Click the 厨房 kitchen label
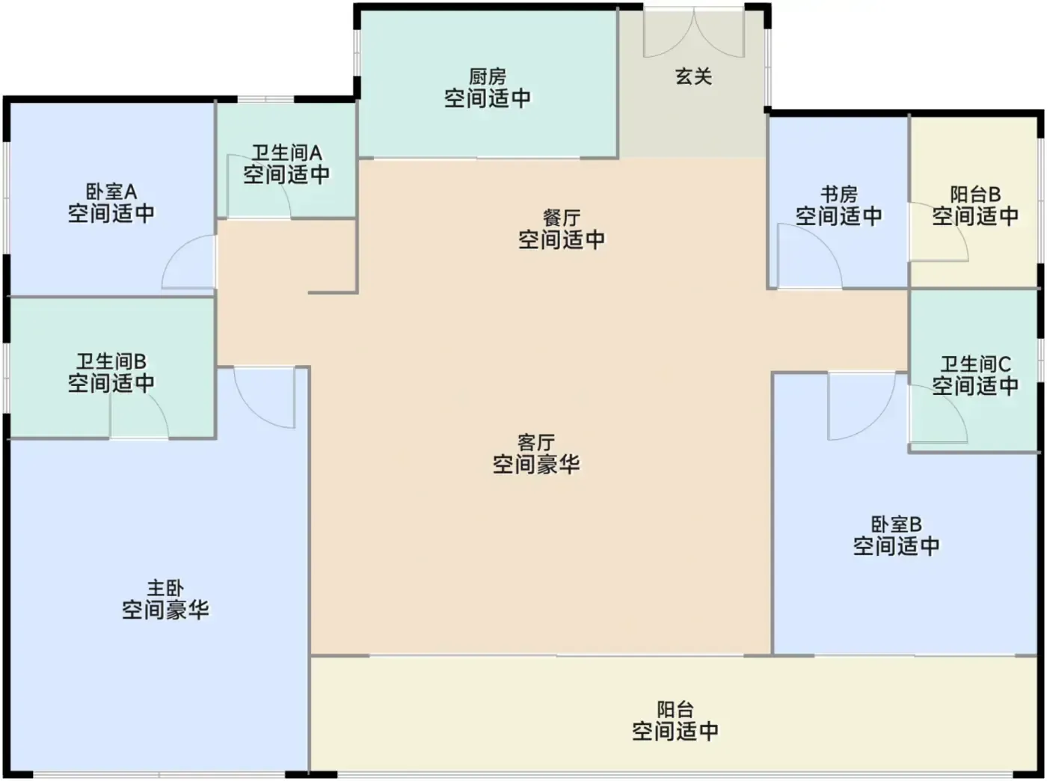click(487, 77)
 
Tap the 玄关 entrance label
click(693, 77)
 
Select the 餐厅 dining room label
click(562, 218)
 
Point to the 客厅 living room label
click(536, 443)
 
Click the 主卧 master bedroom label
click(165, 588)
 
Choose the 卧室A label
click(111, 192)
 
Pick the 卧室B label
click(896, 525)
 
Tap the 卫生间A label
click(286, 153)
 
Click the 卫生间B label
click(111, 361)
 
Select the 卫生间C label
click(975, 364)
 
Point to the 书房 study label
click(838, 195)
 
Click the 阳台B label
click(975, 195)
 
